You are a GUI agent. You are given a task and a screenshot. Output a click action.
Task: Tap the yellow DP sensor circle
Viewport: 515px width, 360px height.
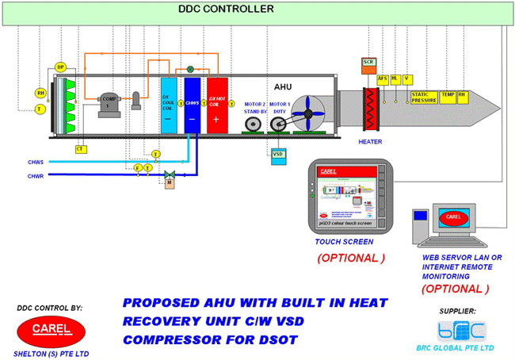pyautogui.click(x=60, y=67)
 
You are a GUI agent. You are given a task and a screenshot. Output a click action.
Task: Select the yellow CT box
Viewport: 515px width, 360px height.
pyautogui.click(x=80, y=148)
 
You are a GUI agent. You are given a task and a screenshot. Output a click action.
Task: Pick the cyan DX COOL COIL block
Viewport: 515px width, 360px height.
pyautogui.click(x=169, y=103)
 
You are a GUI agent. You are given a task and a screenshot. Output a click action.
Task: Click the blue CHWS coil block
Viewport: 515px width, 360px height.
pyautogui.click(x=192, y=103)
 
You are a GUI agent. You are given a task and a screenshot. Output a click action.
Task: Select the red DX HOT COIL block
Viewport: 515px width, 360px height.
pyautogui.click(x=217, y=103)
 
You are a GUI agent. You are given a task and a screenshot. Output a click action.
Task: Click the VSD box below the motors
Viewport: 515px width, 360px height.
pyautogui.click(x=278, y=153)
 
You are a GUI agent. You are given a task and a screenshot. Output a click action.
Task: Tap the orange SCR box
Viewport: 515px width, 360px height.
pyautogui.click(x=368, y=62)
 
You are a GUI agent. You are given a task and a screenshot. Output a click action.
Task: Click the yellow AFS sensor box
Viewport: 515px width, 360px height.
pyautogui.click(x=383, y=79)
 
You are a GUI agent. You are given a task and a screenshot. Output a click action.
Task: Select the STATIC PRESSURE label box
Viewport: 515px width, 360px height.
pyautogui.click(x=423, y=97)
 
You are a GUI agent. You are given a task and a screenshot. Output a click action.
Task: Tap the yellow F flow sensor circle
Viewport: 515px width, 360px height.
pyautogui.click(x=138, y=168)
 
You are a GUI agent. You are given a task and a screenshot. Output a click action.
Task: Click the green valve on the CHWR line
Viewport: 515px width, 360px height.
pyautogui.click(x=169, y=173)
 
